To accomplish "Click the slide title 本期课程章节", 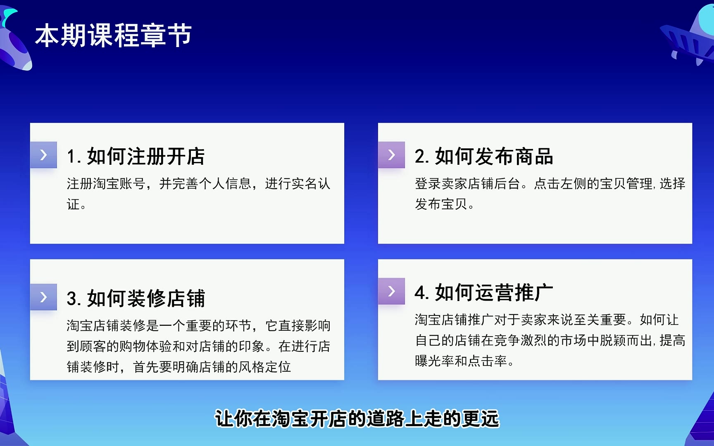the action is pos(114,35).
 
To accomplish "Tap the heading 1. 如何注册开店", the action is pos(136,157).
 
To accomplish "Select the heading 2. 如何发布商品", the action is pos(484,157).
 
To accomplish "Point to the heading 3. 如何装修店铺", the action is pos(136,298).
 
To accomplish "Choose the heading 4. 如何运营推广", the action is pos(484,292).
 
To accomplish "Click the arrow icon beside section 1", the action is pos(43,155).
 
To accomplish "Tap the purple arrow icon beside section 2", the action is pos(391,155).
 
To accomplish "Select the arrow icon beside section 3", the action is pos(43,297).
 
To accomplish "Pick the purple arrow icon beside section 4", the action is pos(391,291).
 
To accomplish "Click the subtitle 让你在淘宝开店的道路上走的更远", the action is pos(357,419).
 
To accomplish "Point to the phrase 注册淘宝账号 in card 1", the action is pos(106,183).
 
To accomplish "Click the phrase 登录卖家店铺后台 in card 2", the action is pos(467,183).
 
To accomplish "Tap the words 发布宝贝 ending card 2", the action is pos(441,204).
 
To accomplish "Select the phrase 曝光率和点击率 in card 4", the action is pos(461,361).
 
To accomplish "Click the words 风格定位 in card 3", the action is pos(265,367).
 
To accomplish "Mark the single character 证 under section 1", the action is pos(73,204).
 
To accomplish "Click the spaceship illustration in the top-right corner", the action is pos(690,33).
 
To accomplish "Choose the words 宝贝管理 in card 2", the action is pos(626,183).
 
